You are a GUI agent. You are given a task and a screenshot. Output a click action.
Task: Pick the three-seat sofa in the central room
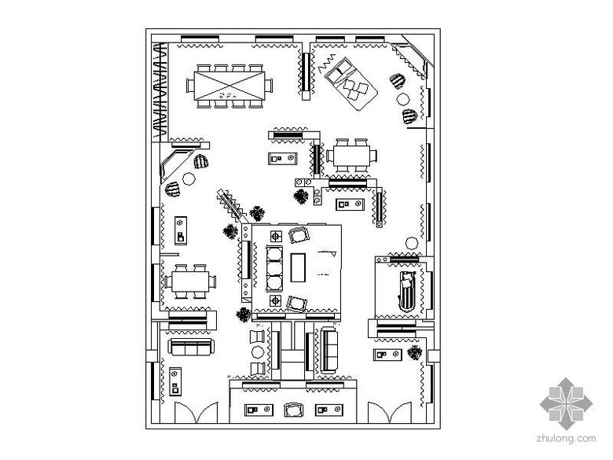[x=275, y=268]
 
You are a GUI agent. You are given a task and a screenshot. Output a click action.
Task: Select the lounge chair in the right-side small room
[x=406, y=289]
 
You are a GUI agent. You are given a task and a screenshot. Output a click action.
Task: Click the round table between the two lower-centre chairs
[x=257, y=351]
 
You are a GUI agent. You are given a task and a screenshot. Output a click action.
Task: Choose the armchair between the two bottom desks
[x=295, y=410]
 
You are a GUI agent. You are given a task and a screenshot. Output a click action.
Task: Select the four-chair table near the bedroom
[x=352, y=156]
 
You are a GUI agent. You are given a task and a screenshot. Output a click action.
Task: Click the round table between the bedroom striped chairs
[x=404, y=98]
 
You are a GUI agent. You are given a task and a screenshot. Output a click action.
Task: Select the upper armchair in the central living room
[x=299, y=234]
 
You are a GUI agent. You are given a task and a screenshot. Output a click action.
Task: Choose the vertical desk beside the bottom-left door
[x=176, y=381]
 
